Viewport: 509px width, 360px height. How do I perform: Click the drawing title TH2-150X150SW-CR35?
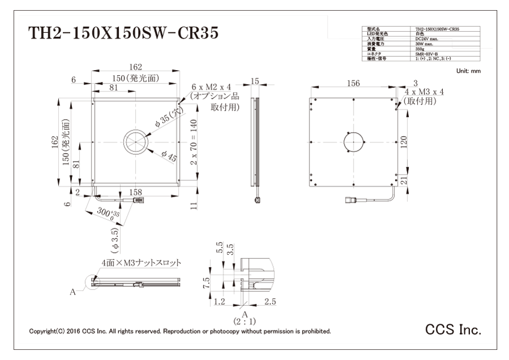pos(123,34)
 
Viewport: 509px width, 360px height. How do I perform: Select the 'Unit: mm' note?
pos(468,71)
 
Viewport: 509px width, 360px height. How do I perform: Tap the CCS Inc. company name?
pos(453,329)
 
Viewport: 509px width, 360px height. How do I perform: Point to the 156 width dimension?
pos(353,84)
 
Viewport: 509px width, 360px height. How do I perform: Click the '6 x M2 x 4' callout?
pos(212,87)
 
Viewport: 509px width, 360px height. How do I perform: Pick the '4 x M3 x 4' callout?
pos(424,92)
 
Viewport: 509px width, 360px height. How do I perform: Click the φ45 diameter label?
pos(169,156)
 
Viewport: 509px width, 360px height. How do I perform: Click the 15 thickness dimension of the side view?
pos(255,82)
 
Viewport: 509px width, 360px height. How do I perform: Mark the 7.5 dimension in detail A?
pos(208,282)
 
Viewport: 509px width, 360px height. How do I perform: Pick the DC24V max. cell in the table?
pos(425,38)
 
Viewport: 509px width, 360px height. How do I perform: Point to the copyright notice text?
pos(180,331)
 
